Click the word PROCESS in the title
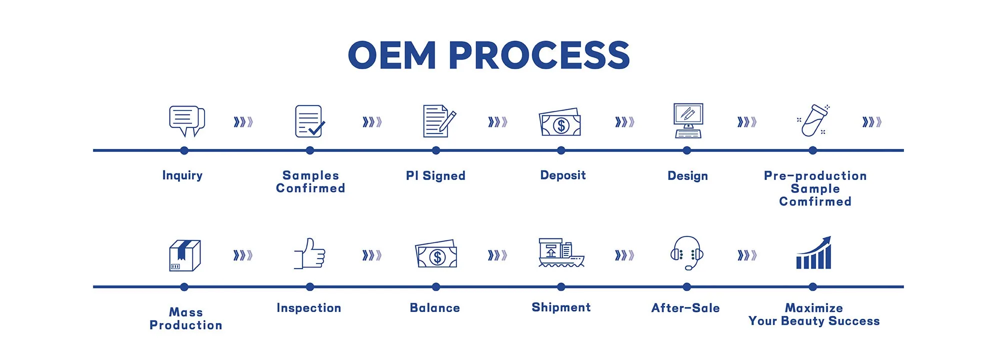(539, 55)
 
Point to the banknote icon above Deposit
(560, 123)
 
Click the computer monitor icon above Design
(688, 120)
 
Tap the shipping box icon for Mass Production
(185, 255)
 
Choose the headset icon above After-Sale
(687, 253)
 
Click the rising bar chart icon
(813, 253)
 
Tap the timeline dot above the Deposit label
(561, 150)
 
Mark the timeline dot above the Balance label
(436, 287)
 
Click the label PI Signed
(435, 175)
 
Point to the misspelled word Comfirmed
(815, 201)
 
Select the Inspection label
(309, 308)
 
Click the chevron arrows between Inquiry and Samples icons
(243, 122)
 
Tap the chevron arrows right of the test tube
(871, 122)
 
